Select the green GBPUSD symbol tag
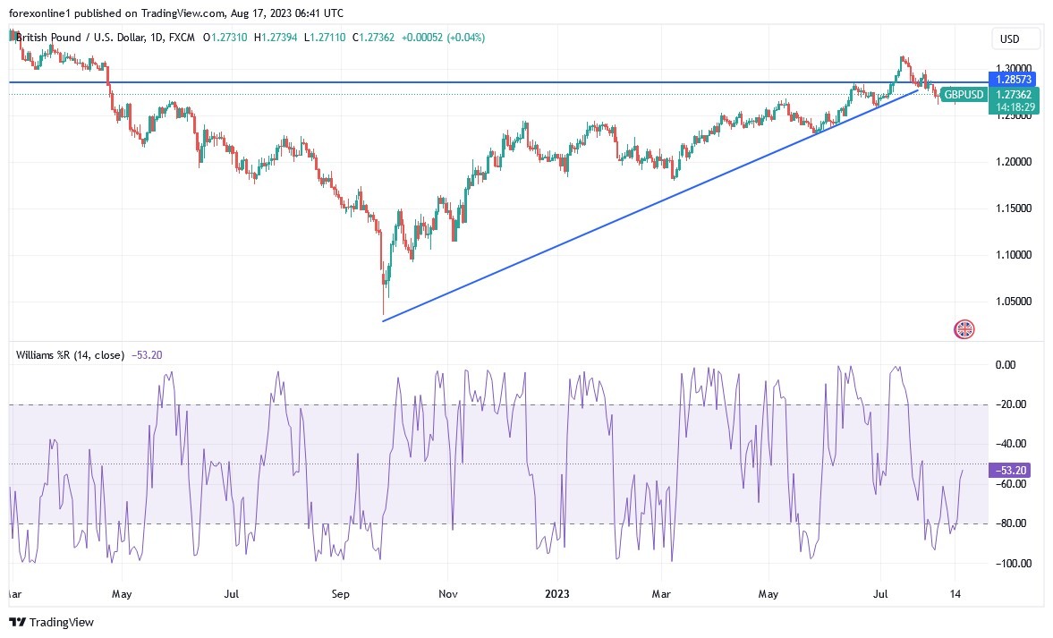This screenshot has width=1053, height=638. click(964, 95)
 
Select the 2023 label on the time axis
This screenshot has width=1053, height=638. click(557, 593)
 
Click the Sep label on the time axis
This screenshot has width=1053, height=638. click(340, 593)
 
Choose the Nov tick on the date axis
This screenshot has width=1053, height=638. click(449, 593)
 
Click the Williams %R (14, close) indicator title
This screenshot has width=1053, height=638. click(70, 354)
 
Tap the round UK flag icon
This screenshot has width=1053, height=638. click(964, 329)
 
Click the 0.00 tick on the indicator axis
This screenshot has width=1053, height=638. click(1006, 365)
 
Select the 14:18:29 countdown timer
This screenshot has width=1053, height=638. click(1013, 106)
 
